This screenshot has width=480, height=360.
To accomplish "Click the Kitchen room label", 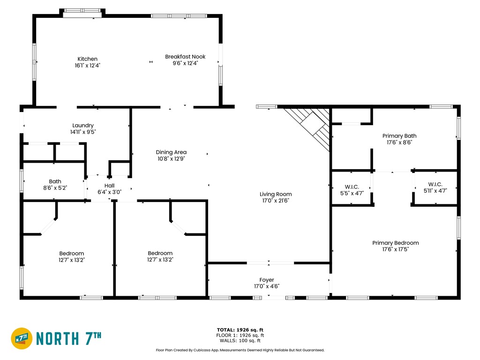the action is pos(88,59).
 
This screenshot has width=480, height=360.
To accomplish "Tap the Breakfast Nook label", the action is pos(185,57).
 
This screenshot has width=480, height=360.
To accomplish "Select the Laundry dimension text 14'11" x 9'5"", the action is pos(83,132).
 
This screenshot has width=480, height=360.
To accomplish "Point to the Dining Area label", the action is pos(171,152).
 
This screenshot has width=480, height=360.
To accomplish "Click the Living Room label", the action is pos(276,194).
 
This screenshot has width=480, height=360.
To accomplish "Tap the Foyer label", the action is pos(267,280).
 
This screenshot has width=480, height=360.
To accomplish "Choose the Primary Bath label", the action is pos(399,136).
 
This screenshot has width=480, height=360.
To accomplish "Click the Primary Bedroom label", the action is pos(396,243).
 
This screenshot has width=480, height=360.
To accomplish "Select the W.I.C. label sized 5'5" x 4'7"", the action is pos(352,187).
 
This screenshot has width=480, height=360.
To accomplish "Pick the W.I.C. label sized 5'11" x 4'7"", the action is pos(435,184).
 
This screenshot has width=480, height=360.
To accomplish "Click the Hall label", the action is pos(109,186).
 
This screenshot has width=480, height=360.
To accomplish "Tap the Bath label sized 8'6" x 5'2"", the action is pos(55,181).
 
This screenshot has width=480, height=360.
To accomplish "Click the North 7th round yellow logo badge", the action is pos(22,338).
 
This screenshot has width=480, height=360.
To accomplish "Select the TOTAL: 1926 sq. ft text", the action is pos(240,330).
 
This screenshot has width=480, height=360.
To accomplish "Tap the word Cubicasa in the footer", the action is pos(200,350).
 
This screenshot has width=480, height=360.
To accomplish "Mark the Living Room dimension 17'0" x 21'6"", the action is pos(276,201).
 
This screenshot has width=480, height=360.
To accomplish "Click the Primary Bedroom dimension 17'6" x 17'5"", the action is pos(396,249).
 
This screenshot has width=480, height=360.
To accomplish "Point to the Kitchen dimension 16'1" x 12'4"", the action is pos(88,66).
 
